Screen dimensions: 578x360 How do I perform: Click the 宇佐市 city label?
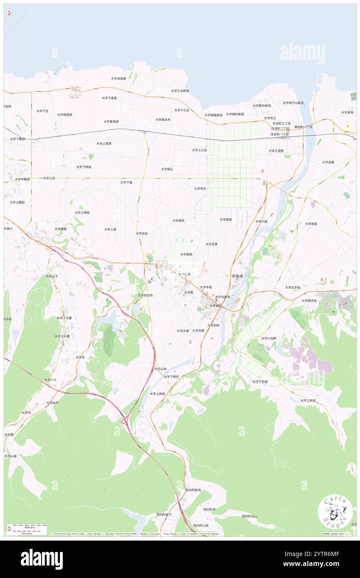click(238, 276)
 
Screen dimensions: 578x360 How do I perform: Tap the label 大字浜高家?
click(118, 78)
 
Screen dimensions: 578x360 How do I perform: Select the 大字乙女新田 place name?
click(180, 91)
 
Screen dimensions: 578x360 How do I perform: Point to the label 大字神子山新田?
click(293, 103)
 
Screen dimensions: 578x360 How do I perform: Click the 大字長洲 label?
click(347, 112)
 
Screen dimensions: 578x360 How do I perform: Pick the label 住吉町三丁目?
click(281, 124)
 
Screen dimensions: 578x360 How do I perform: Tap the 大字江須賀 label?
click(276, 151)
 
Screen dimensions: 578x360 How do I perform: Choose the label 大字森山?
click(167, 169)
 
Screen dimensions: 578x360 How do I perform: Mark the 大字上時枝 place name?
click(82, 212)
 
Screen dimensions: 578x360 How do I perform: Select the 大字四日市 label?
click(145, 295)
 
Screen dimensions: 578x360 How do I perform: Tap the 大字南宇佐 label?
click(309, 301)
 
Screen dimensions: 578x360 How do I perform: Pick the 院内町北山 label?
click(249, 516)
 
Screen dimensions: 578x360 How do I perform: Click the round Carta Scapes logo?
click(335, 513)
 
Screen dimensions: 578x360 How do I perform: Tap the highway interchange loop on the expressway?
click(125, 422)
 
